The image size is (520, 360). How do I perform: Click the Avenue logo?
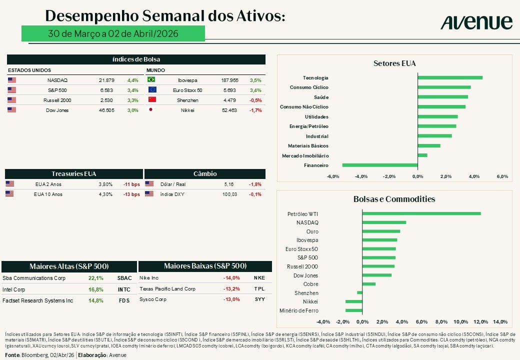tap(476, 22)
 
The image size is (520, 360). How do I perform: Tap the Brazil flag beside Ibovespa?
tap(151, 79)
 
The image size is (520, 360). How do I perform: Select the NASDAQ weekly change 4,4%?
tap(132, 80)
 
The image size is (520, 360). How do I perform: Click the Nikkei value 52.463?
tap(229, 110)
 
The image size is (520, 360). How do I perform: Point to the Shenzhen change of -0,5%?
tap(255, 100)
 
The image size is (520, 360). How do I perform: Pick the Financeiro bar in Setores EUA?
tap(380, 165)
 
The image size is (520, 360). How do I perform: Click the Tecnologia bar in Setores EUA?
tap(450, 77)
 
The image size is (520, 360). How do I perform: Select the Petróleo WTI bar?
tap(421, 213)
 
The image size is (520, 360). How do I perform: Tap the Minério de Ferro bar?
tap(354, 310)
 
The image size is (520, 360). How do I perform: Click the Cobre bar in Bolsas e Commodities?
tap(369, 284)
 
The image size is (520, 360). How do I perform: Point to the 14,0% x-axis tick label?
tap(500, 321)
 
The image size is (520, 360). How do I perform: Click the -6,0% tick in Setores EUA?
tap(333, 176)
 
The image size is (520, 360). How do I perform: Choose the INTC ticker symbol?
tap(124, 289)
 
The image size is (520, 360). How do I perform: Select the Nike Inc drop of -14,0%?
tap(231, 278)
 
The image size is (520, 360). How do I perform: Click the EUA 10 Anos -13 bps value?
tap(131, 194)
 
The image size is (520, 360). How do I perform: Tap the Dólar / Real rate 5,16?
tap(229, 184)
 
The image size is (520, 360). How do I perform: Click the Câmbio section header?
tap(205, 173)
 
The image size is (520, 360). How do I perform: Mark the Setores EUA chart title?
tap(394, 63)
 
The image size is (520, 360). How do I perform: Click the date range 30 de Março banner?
tap(113, 33)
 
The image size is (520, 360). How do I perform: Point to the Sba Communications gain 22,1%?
tap(96, 278)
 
